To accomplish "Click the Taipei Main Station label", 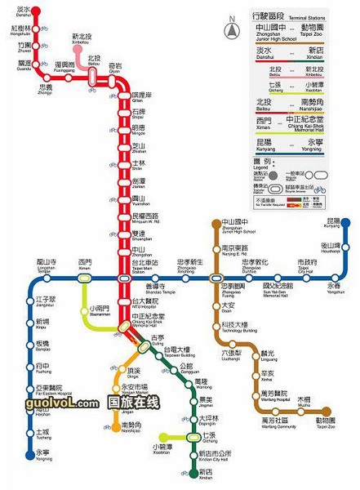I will [x=144, y=265].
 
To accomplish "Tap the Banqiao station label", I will [x=42, y=345].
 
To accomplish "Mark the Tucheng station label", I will [x=42, y=433].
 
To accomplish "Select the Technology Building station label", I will [x=234, y=327].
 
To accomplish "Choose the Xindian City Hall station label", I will [x=215, y=455].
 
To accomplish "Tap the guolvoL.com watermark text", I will [x=55, y=403].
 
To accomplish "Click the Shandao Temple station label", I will [x=154, y=289].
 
